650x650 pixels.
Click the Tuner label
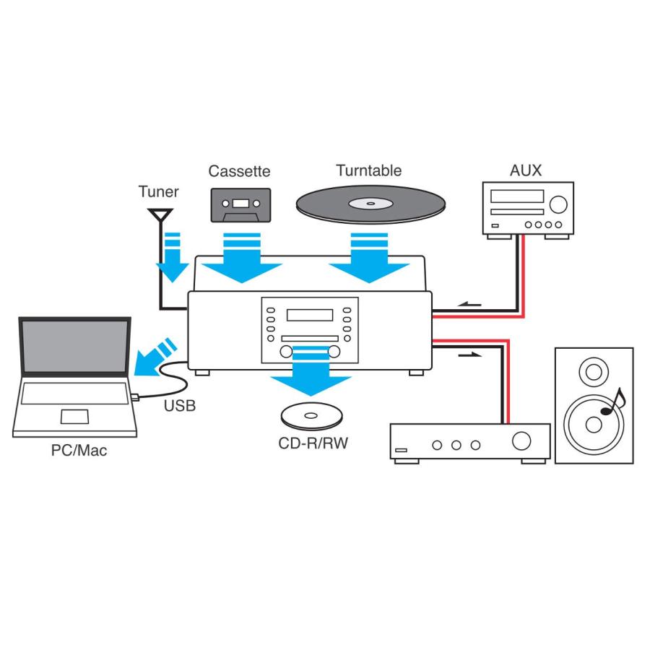[158, 192]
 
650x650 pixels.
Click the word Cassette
[239, 171]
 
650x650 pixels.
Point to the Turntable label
[368, 171]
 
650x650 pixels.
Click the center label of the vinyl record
[370, 204]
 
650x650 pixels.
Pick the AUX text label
[525, 171]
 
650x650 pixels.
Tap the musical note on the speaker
[612, 401]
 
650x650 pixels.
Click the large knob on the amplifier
[520, 441]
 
